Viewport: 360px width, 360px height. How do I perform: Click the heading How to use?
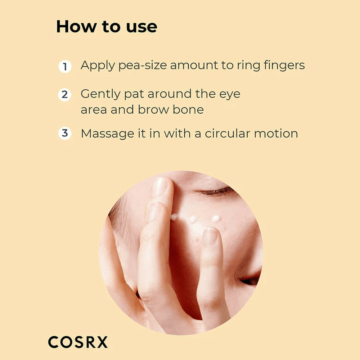[x=107, y=27]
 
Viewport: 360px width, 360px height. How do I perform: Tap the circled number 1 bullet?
[x=65, y=67]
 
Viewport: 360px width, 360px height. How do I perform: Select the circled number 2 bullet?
[x=65, y=95]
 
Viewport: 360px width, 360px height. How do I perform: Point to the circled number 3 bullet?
[x=65, y=133]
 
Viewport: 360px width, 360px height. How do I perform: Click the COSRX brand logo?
[x=78, y=342]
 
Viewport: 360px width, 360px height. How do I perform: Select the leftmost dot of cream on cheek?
[x=175, y=217]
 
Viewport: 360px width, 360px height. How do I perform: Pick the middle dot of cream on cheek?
[x=193, y=219]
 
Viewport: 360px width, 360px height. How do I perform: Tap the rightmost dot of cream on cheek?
[x=216, y=218]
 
